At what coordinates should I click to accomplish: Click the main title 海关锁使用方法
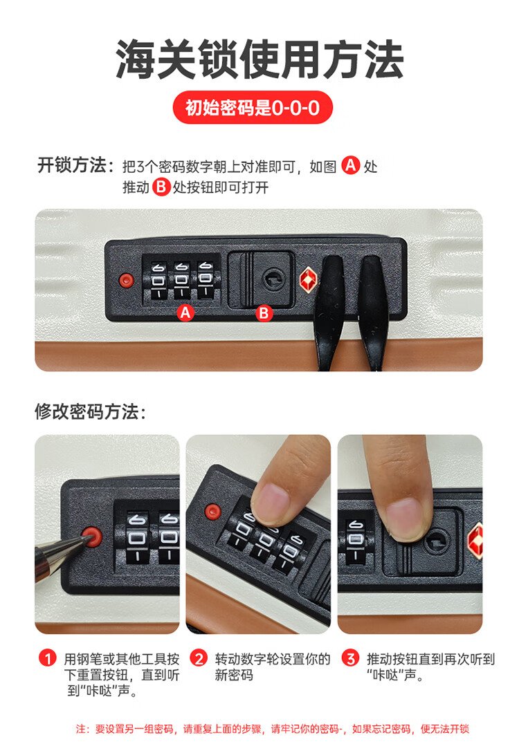coord(259,59)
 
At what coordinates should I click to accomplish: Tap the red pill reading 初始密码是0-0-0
coord(253,107)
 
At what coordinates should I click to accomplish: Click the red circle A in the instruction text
coord(351,165)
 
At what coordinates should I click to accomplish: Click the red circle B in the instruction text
coord(161,187)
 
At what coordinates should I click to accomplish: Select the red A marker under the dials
coord(185,313)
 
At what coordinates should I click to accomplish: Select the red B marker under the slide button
coord(264,313)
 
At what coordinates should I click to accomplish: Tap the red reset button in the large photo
coord(127,280)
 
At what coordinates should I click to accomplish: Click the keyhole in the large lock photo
coord(273,279)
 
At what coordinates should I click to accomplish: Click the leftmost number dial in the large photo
coord(158,281)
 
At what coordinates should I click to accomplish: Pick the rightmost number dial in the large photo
coord(206,280)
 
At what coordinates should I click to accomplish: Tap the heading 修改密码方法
coord(90,412)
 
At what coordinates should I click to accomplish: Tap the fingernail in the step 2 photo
coord(271,503)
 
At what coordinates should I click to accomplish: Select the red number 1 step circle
coord(48,658)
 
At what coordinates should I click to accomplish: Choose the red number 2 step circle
coord(198,658)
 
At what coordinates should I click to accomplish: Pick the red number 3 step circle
coord(350,658)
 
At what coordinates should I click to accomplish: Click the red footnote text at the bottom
coord(272,729)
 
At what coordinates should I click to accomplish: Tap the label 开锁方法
coord(76,166)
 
